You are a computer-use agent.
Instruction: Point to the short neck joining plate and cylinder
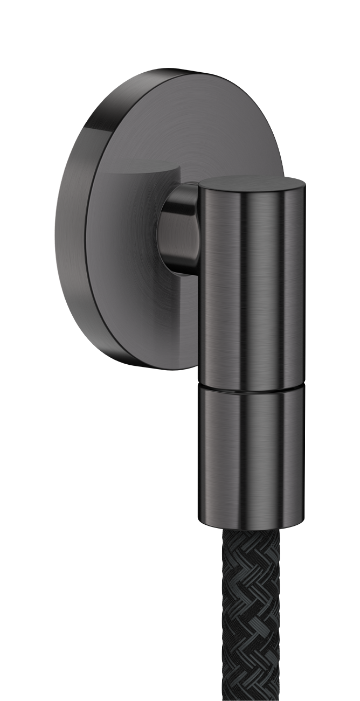[x=178, y=226]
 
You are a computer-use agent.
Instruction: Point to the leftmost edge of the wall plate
[x=56, y=226]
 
